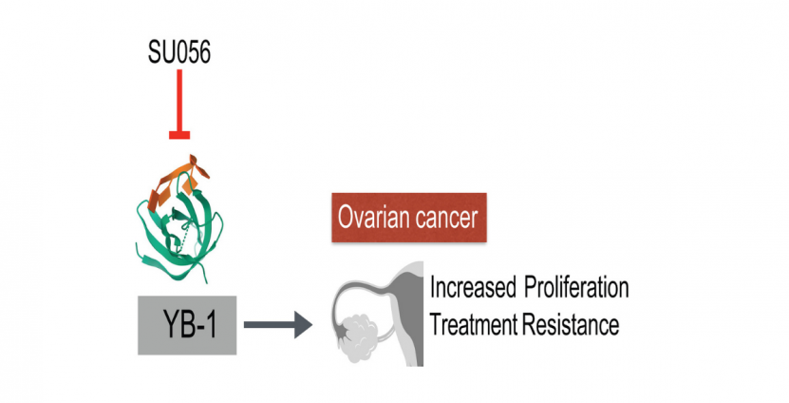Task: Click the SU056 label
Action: click(179, 52)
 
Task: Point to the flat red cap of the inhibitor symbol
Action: click(179, 135)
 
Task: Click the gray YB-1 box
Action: click(187, 325)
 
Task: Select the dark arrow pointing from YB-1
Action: click(278, 325)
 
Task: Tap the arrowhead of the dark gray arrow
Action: click(303, 325)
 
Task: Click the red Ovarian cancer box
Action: click(409, 218)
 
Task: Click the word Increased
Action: click(473, 288)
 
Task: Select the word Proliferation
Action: click(576, 288)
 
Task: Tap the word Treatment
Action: click(474, 324)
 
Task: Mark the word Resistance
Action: click(572, 324)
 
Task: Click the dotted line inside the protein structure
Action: click(184, 238)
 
